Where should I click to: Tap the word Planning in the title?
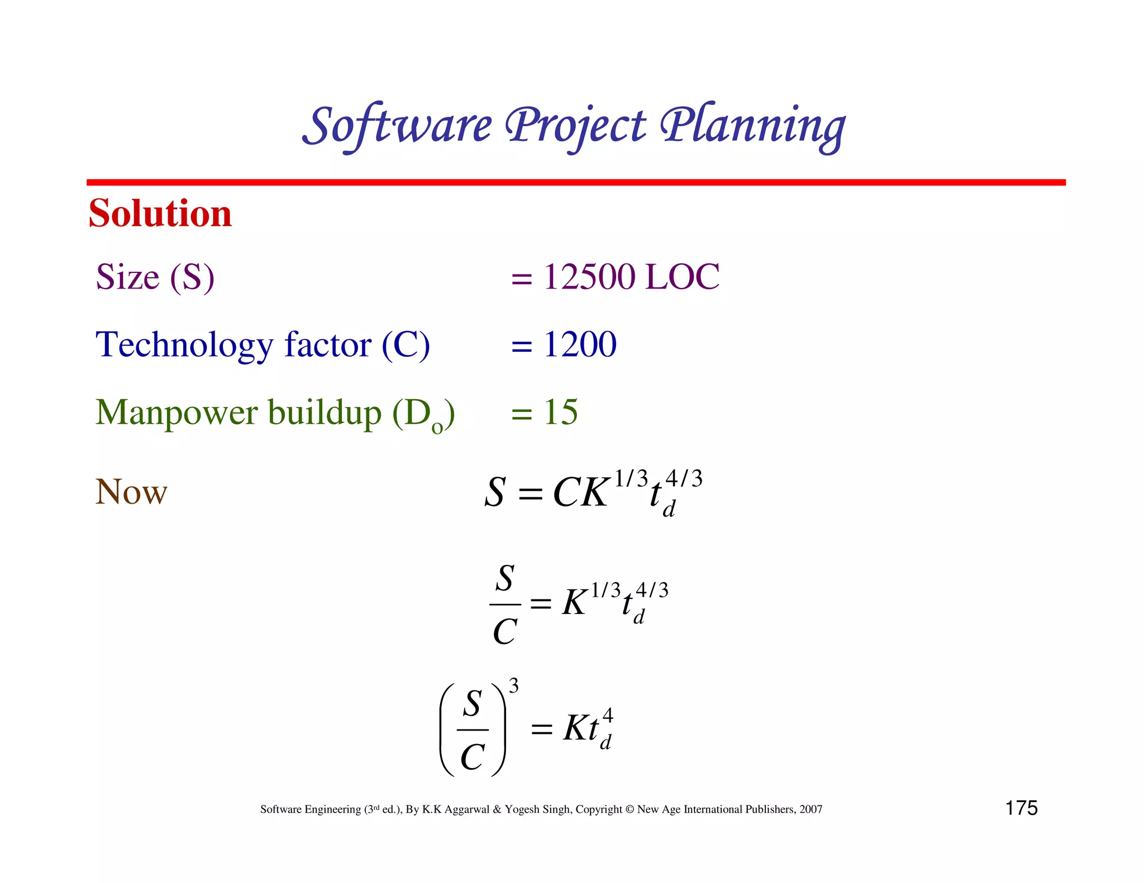point(752,126)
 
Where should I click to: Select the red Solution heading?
point(160,214)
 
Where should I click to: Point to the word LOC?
point(682,277)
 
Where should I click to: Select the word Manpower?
point(177,413)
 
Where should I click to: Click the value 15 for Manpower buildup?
point(560,412)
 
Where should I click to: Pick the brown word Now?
point(131,492)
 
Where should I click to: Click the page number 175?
point(1021,808)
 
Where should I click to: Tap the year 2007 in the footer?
point(811,809)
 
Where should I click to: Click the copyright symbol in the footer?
point(630,809)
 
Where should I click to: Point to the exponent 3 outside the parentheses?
point(513,685)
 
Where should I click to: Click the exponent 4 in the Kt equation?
point(608,715)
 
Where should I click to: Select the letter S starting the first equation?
point(495,493)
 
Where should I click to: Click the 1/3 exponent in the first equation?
point(631,478)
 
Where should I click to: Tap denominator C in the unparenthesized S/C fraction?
point(505,632)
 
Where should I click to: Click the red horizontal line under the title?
point(575,183)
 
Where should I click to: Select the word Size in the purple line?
point(128,277)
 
